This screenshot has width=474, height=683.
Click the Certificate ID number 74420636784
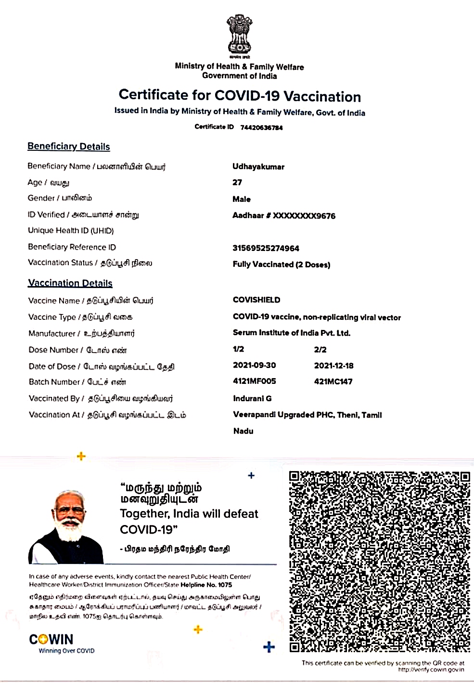[261, 128]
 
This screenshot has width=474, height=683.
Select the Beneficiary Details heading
[69, 146]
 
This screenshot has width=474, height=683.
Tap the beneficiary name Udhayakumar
[258, 167]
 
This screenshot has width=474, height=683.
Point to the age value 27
[237, 183]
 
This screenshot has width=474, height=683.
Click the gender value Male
[242, 199]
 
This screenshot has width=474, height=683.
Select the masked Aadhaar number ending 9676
[284, 216]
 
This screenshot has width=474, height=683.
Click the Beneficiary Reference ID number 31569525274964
[266, 248]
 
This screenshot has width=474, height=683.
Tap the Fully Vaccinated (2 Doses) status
[282, 264]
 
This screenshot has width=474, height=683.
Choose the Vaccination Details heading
[70, 283]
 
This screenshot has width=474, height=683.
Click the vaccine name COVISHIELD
[256, 300]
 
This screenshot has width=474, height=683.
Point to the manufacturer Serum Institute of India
[292, 333]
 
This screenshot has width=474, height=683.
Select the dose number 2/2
[320, 349]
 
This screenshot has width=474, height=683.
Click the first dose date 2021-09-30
[255, 365]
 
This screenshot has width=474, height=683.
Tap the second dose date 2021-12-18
[334, 366]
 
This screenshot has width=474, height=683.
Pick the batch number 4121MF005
[255, 381]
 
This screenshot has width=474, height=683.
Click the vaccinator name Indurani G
[252, 398]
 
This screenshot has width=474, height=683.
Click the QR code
[380, 562]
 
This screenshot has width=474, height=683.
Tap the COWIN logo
[51, 640]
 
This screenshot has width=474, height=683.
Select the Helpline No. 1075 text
[206, 585]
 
